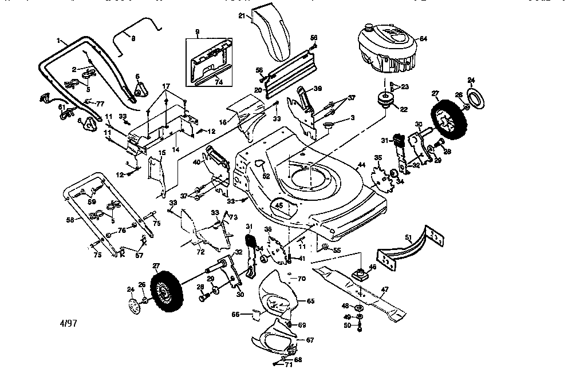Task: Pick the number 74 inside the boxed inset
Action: point(218,82)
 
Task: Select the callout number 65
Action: point(311,300)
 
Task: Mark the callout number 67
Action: point(310,340)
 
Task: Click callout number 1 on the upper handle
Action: point(58,39)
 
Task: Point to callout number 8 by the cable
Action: point(133,38)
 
